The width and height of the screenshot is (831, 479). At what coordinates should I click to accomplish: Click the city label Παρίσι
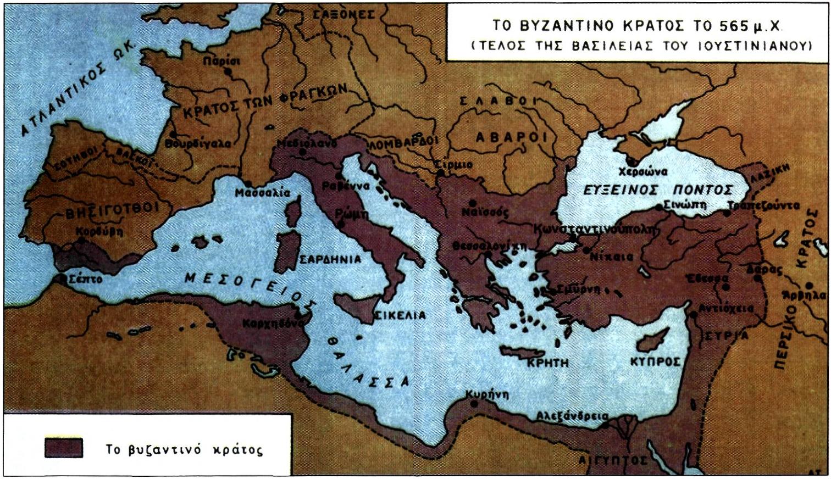coord(221,61)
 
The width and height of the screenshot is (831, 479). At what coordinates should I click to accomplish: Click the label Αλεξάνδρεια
coord(572,416)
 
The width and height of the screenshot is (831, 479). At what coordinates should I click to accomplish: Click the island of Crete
coord(525,352)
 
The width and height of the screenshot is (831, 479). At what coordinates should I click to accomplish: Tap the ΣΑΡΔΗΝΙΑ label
coord(330,259)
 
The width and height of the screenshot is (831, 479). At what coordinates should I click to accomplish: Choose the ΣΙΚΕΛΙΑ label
coord(400,315)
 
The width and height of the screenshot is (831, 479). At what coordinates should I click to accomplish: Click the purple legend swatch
coord(64,448)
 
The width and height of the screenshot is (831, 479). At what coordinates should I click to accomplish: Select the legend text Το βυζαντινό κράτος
coord(184,450)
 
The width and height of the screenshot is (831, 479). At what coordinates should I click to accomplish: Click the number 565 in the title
coord(727,26)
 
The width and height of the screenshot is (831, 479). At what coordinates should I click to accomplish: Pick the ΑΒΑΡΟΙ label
coord(511,137)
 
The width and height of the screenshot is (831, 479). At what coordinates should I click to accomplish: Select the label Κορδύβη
coord(99,231)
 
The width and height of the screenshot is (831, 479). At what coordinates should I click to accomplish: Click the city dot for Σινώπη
coord(659,207)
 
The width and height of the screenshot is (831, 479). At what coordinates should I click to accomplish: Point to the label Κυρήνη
coord(487,394)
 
